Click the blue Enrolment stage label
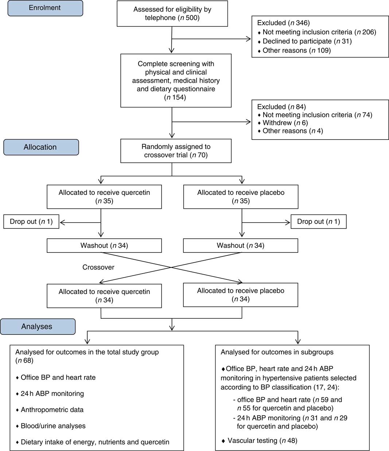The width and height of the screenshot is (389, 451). coord(45,8)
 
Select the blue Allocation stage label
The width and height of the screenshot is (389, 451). coord(40,147)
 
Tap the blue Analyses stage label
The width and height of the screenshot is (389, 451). coord(37,326)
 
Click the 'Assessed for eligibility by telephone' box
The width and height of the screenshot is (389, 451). coord(172,14)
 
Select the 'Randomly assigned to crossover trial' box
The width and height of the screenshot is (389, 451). coord(176,151)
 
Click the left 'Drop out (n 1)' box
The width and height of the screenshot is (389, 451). coord(31,221)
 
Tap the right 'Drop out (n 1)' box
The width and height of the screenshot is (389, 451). coord(318,221)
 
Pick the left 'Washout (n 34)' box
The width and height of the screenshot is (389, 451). coord(104,246)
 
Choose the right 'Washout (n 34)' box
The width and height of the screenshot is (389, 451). coord(240,246)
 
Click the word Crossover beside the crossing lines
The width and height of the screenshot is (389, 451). coord(98,267)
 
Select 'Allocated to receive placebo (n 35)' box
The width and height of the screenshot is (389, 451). coord(241,197)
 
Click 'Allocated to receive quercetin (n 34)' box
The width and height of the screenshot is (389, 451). coord(104,296)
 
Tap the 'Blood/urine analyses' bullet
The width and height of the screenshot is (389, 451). coord(53,426)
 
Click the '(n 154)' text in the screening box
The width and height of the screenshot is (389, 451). coord(175,97)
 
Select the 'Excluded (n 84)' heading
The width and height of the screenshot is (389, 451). coord(281,107)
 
